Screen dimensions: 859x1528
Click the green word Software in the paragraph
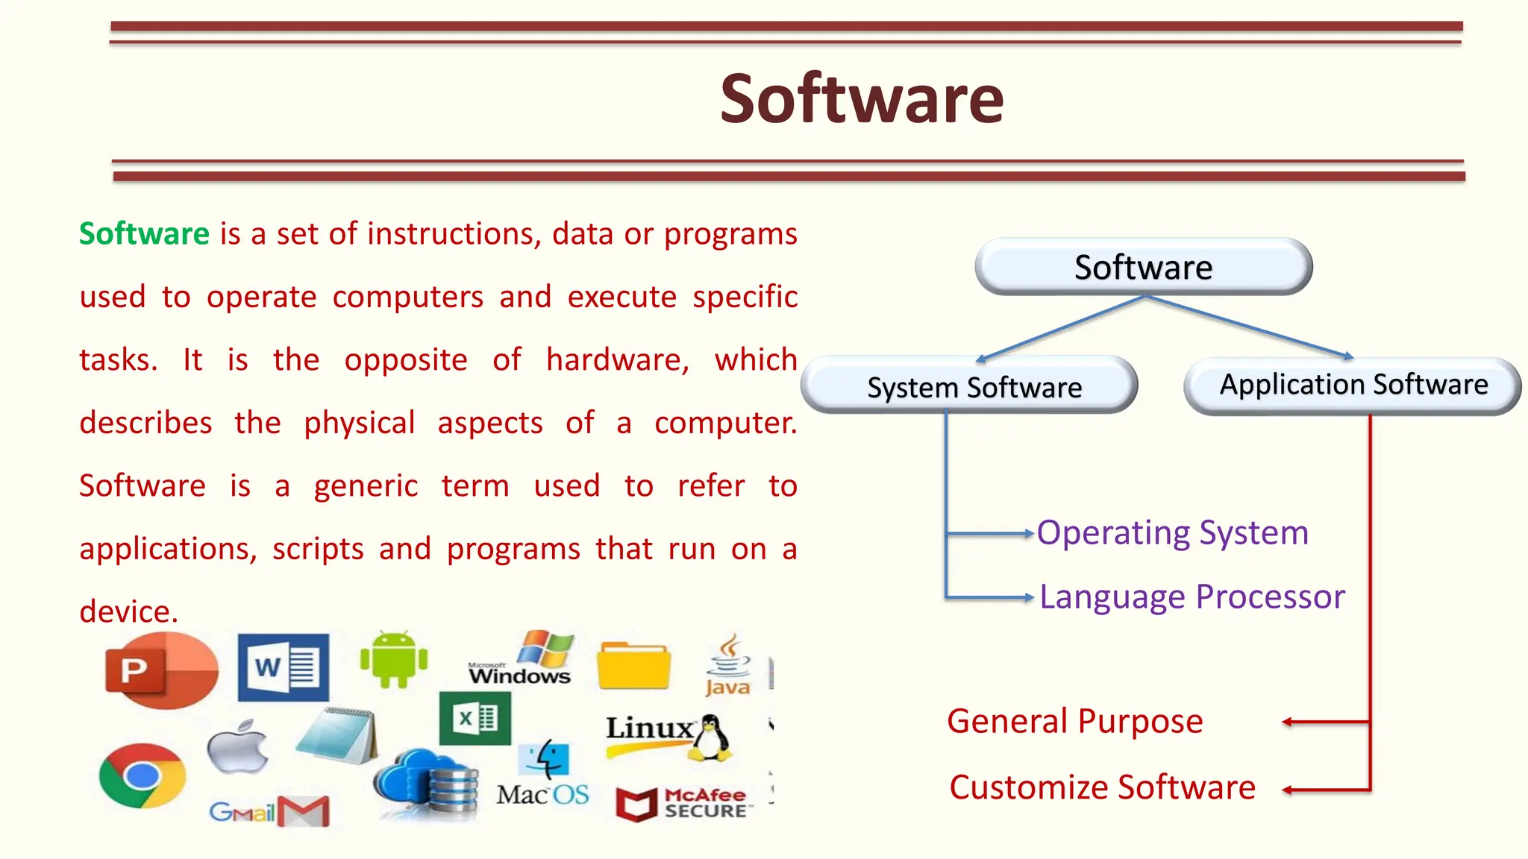(x=144, y=234)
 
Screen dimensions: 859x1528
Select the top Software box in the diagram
(x=1143, y=267)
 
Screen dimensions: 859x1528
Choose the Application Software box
(x=1353, y=385)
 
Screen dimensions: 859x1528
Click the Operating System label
(x=1172, y=533)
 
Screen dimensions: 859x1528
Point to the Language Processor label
(x=1192, y=597)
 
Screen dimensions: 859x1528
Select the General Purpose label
(x=1074, y=722)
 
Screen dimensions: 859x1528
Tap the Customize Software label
(x=1102, y=787)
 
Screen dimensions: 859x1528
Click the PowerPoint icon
(x=160, y=670)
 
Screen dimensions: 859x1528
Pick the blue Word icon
(x=283, y=667)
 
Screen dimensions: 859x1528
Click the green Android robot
(x=394, y=659)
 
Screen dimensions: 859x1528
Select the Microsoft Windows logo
(x=522, y=660)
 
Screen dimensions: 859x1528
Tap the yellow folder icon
(x=633, y=665)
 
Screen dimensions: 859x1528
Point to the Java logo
(x=727, y=667)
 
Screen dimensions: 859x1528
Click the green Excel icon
(x=475, y=719)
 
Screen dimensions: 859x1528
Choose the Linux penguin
(x=710, y=737)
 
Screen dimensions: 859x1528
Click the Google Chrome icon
(x=142, y=775)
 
